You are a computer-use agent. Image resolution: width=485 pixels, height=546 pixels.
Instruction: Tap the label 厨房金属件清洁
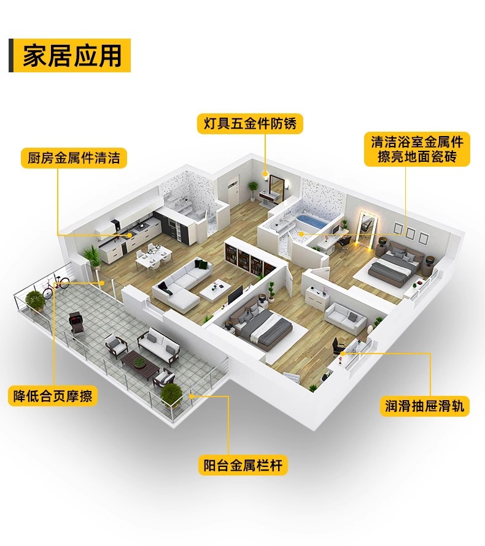point(74,157)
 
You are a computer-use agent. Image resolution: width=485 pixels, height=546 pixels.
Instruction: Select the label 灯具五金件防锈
point(249,124)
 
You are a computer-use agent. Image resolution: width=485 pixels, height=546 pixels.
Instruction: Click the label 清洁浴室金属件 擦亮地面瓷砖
point(417,149)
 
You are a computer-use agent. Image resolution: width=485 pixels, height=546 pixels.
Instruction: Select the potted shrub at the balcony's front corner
point(171,393)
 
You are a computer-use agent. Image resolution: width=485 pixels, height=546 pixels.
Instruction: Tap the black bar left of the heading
point(11,56)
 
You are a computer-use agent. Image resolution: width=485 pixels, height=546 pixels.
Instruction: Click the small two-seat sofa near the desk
point(346,317)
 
